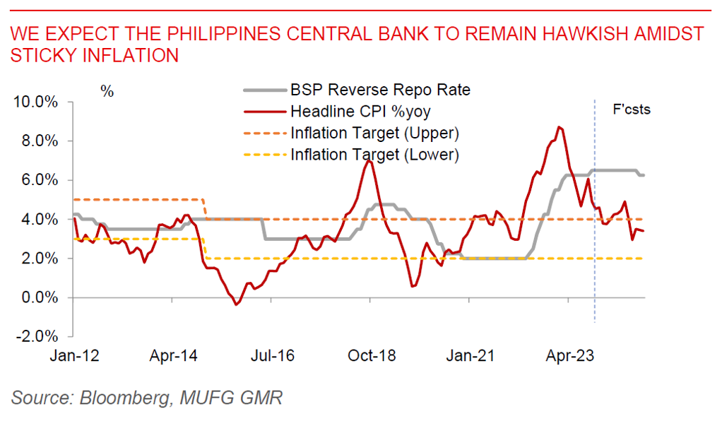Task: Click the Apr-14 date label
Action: click(172, 356)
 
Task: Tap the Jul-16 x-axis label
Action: click(271, 356)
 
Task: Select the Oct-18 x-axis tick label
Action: click(369, 356)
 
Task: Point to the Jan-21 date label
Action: click(468, 356)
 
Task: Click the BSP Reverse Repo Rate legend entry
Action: click(379, 90)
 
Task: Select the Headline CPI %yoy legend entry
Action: click(360, 111)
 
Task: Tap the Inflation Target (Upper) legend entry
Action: click(374, 132)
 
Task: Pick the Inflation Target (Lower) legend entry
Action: click(374, 153)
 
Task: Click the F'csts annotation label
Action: click(631, 109)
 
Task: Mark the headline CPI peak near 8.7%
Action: click(559, 127)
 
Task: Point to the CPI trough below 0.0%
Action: click(237, 304)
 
